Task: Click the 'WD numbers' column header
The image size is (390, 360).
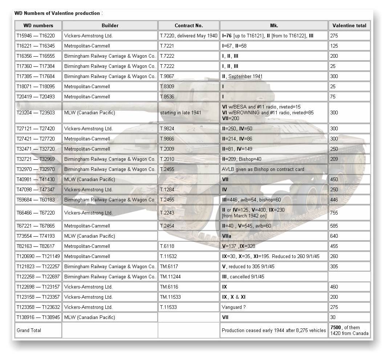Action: tap(38, 25)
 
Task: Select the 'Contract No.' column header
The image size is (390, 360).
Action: tap(188, 25)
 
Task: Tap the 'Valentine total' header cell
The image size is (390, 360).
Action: tap(349, 25)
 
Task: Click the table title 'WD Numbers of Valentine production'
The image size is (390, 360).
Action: tap(57, 13)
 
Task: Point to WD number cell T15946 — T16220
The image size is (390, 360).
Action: tap(36, 36)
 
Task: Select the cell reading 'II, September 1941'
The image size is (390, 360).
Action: tap(242, 77)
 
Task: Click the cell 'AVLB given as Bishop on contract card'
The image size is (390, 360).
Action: tap(263, 169)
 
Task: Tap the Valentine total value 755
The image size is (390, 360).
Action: tap(334, 213)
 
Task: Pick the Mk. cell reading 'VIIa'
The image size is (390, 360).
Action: tap(227, 236)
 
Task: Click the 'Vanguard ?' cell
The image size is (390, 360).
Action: tap(233, 307)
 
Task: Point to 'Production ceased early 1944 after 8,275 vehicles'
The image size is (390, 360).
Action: tap(274, 331)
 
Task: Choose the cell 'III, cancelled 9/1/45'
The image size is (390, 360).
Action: tap(243, 277)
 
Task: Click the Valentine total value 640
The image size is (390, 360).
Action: tap(334, 236)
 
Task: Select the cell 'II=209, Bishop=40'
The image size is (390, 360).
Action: tap(241, 159)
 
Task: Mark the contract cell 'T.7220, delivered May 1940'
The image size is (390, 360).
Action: tap(188, 36)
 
